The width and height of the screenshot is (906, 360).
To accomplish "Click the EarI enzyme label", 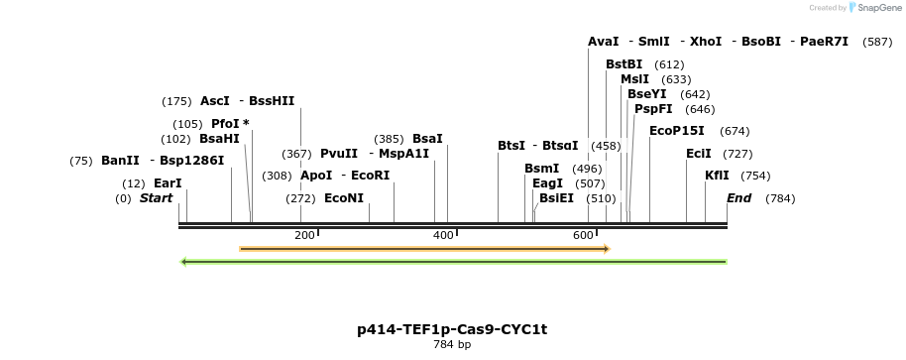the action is (168, 183).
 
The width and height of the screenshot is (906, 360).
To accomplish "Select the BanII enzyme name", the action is (120, 161).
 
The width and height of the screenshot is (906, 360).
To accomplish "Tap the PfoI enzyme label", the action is (224, 124).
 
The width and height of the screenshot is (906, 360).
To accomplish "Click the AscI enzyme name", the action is (214, 101).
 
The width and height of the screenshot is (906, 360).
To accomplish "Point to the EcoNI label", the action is (344, 198).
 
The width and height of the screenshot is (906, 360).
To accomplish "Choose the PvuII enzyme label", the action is (339, 154).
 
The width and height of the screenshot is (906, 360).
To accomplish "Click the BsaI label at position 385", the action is (427, 139).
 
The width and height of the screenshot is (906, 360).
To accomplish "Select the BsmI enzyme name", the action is (541, 169).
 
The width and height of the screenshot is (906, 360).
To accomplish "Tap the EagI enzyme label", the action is (547, 183).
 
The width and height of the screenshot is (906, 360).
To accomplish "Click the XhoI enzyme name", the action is (706, 42).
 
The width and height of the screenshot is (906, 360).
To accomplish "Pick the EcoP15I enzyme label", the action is (677, 131).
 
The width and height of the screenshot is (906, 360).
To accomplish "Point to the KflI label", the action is (717, 176).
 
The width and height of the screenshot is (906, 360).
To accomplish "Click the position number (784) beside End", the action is (780, 198).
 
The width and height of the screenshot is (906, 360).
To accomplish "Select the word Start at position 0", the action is (156, 198).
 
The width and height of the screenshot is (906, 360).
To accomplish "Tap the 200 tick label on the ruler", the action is (304, 235).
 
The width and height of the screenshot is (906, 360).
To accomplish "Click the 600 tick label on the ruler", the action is (583, 235).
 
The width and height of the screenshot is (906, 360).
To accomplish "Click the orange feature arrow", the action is (424, 249).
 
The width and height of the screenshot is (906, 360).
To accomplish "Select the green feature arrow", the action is (453, 262).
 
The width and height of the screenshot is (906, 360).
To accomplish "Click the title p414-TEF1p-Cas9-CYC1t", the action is (452, 329).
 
